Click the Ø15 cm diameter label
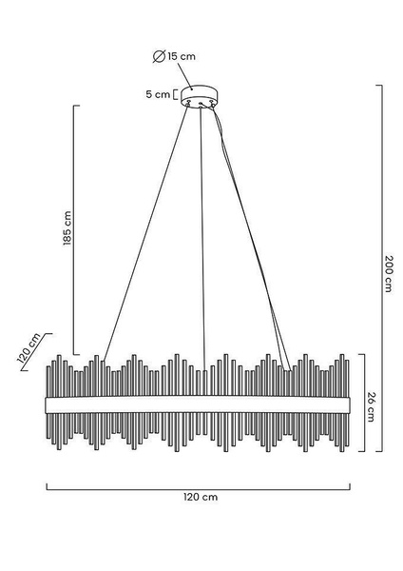tap(174, 56)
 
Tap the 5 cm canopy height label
tap(158, 94)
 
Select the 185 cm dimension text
tap(67, 228)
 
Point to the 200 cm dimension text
tap(389, 273)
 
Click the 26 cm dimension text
tap(371, 406)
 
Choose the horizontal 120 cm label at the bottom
tap(201, 497)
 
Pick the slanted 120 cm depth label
tap(29, 348)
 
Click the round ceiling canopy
tap(200, 96)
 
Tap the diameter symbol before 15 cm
tap(160, 56)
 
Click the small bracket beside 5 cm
tap(175, 94)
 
